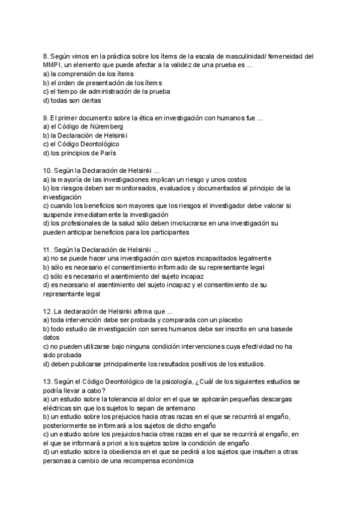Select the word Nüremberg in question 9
pos(109,127)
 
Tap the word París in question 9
pos(106,153)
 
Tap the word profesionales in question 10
pos(77,223)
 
